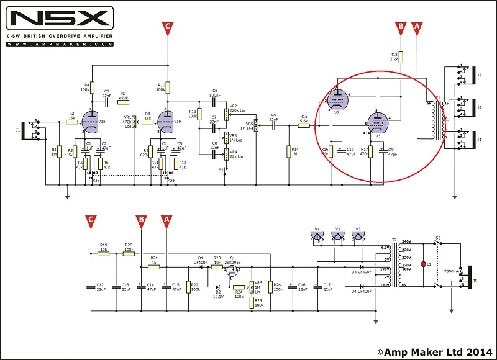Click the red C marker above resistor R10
point(168,27)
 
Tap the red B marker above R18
point(401,27)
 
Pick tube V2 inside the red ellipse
point(337,100)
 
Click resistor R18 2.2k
point(401,57)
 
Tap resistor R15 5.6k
point(303,125)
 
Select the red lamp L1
point(424,264)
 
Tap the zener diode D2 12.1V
point(217,287)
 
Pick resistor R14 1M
point(288,151)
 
